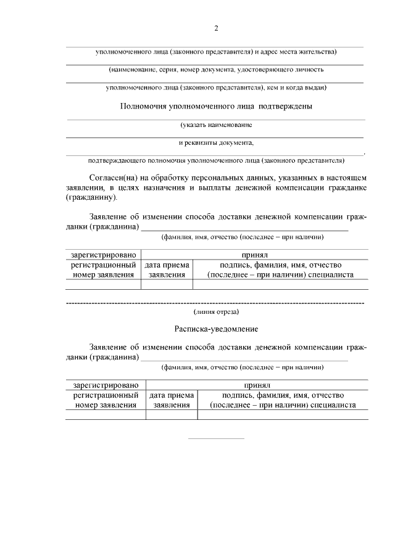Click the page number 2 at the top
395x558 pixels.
pyautogui.click(x=216, y=28)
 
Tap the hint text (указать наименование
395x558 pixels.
pyautogui.click(x=216, y=125)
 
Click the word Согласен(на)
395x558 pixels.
pyautogui.click(x=113, y=178)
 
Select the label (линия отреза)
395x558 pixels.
pyautogui.click(x=216, y=313)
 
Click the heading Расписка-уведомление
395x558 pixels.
pyautogui.click(x=216, y=330)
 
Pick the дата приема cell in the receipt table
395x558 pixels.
pyautogui.click(x=172, y=400)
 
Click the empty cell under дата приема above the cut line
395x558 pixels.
pyautogui.click(x=167, y=284)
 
